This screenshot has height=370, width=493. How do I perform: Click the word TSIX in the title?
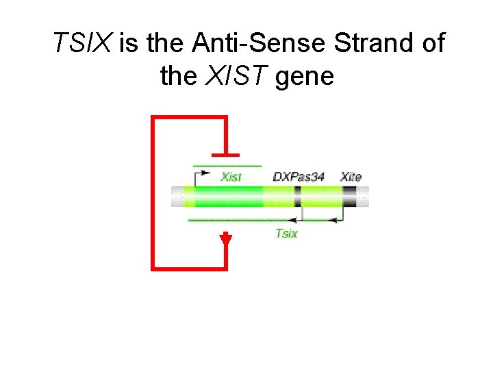pos(84,44)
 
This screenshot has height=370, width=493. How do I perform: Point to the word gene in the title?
pos(304,76)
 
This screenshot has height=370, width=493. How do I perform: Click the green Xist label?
pos(231,177)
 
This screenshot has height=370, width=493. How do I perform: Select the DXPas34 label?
pos(298,177)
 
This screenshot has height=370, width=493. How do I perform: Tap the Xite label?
pos(351,177)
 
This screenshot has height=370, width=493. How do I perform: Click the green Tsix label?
pos(286,233)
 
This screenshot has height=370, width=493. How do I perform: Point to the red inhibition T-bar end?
pos(226,155)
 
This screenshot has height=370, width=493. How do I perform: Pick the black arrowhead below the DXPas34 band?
pos(293,220)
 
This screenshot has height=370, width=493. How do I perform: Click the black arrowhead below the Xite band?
pos(333,220)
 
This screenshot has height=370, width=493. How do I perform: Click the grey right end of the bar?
pos(364,197)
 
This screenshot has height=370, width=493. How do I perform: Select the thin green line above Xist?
pos(227,166)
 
